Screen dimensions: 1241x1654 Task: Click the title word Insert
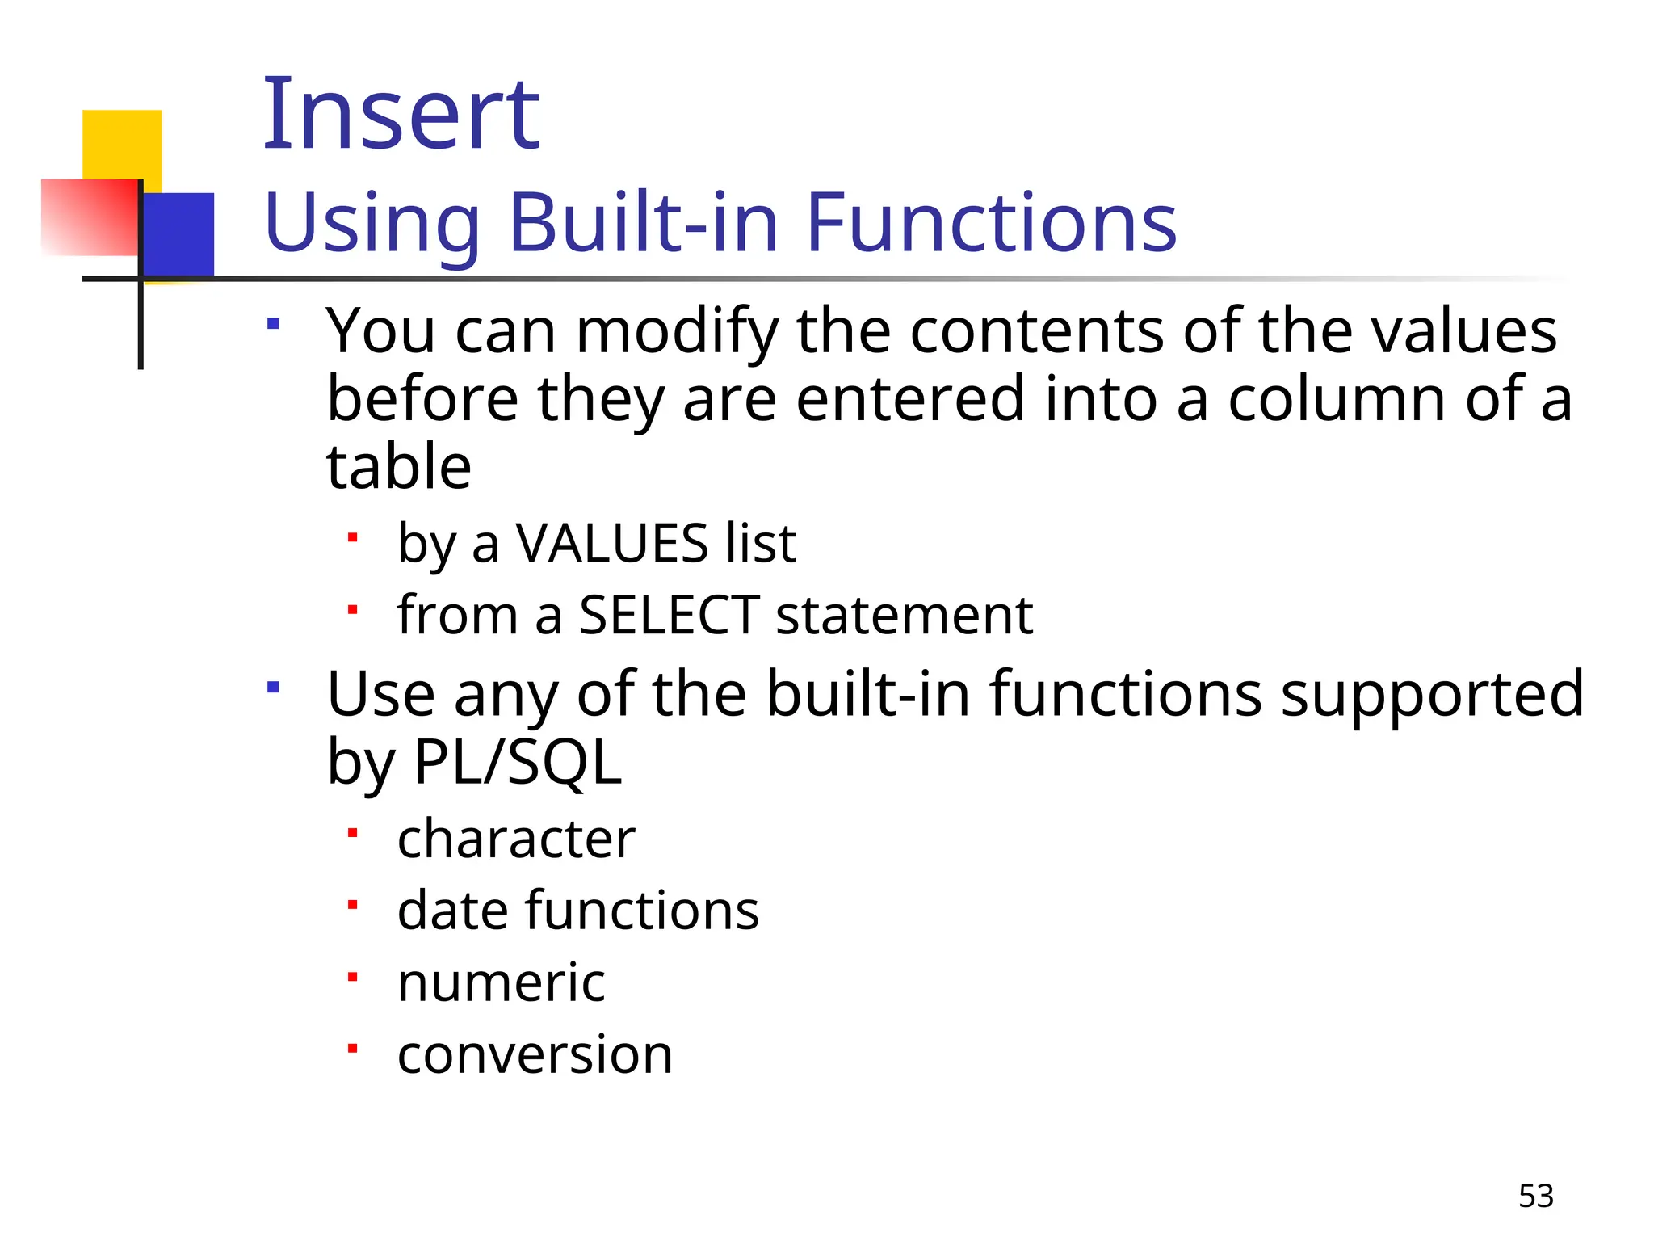point(401,115)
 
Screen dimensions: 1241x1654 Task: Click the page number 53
point(1535,1196)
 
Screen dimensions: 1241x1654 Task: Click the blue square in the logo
point(179,234)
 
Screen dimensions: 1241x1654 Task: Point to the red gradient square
point(89,217)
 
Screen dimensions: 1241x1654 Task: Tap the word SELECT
point(669,616)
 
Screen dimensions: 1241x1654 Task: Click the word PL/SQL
point(517,763)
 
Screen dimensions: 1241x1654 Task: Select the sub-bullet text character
point(516,839)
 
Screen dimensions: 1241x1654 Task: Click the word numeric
point(501,982)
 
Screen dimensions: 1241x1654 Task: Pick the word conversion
point(535,1054)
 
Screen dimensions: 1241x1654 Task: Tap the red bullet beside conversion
point(352,1049)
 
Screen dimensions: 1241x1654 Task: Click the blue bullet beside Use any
point(273,688)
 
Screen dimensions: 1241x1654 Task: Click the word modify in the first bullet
point(677,333)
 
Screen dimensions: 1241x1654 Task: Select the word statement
point(904,616)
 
